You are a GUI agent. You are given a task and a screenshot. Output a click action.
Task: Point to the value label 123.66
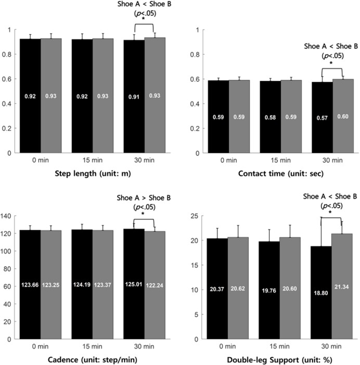[30, 285]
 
